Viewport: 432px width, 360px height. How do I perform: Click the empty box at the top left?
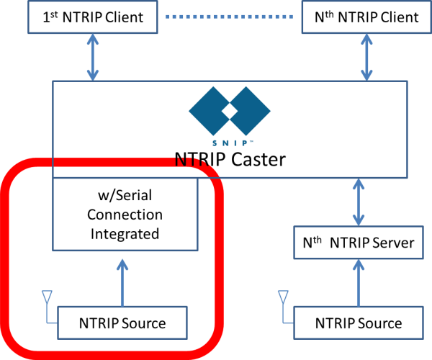tap(93, 17)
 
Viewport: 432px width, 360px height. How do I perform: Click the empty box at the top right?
tap(366, 17)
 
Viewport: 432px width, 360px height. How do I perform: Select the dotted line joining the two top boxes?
tap(229, 16)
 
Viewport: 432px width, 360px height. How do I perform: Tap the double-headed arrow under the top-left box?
tap(93, 57)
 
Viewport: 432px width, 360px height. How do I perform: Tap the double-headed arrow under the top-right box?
tap(366, 57)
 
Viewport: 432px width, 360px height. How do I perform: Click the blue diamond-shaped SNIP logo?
tap(230, 112)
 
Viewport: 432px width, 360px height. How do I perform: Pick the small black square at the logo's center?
tap(229, 111)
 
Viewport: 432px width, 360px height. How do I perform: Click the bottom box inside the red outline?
tap(122, 323)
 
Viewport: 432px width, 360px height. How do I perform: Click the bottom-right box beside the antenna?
tap(359, 323)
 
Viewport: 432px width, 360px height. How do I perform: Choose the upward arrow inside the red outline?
tap(122, 282)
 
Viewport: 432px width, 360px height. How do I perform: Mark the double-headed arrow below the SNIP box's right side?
tap(359, 202)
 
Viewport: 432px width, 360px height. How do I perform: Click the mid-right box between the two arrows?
tap(359, 243)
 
